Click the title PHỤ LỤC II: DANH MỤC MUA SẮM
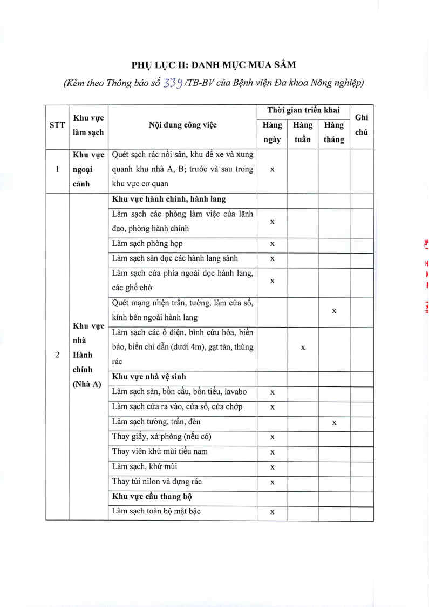point(214,65)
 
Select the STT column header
point(57,125)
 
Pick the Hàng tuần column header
point(303,132)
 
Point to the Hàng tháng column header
point(334,132)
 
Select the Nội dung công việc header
point(182,125)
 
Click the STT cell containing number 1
point(57,169)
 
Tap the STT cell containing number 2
point(57,355)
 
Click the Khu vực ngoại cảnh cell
point(88,169)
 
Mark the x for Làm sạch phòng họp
point(273,244)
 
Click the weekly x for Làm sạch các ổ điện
point(303,348)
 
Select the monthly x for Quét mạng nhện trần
point(334,311)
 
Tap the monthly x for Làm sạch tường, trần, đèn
point(334,422)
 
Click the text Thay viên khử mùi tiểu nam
point(160,451)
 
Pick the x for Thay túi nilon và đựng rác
point(273,482)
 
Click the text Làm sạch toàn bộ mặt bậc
point(156,511)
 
